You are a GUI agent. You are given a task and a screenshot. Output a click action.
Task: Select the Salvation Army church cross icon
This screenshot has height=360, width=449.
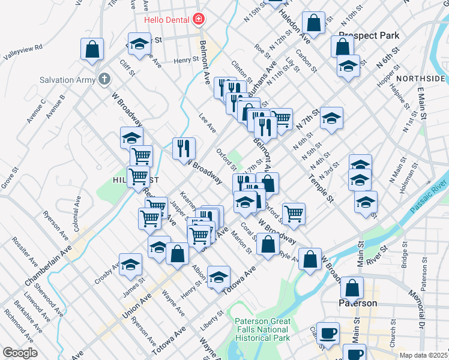coord(104,79)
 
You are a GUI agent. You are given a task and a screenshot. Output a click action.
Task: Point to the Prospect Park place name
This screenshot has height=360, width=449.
coord(369,35)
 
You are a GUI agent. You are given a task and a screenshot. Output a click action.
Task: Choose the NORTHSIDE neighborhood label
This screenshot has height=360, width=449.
coord(420,79)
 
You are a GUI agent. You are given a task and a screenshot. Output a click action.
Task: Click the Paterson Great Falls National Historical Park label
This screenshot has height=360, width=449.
coord(262,330)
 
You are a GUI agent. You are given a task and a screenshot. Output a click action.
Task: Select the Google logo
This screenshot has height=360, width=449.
coord(20,353)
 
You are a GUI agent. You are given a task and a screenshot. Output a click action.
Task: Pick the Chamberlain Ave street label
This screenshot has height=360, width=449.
coord(48,265)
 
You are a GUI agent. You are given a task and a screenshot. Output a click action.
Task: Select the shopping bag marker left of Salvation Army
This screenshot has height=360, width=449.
coord(92,50)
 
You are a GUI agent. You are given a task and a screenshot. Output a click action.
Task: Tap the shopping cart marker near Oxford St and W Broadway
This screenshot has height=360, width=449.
coord(294,214)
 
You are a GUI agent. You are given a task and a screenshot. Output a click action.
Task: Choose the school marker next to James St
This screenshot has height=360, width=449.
coord(130,265)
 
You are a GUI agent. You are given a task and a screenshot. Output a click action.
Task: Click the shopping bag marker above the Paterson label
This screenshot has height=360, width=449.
coord(352,287)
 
